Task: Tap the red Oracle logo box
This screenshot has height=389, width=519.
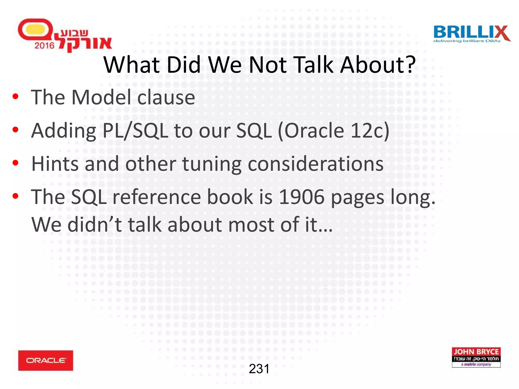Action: coord(46,360)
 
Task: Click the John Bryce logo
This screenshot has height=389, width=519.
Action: coord(476,357)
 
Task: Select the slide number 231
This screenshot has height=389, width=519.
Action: coord(259,369)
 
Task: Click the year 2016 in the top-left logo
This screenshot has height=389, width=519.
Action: coord(44,46)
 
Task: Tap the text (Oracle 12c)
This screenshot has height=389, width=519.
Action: coord(333,131)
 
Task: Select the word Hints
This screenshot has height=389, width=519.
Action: coord(55,164)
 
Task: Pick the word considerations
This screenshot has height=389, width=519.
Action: coord(316,164)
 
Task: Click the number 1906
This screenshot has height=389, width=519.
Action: coord(302,197)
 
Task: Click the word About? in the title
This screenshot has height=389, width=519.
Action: coord(378,65)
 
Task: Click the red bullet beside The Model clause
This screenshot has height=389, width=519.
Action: coord(15,96)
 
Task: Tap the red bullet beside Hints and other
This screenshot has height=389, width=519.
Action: coord(15,163)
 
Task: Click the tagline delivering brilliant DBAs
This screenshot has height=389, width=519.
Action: coord(467,41)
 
